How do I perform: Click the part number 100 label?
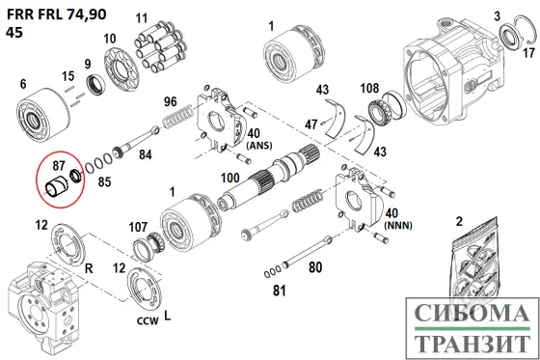tap(230, 178)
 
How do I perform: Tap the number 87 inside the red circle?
tap(59, 165)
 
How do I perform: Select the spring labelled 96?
tap(177, 117)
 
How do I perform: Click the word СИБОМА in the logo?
tap(472, 313)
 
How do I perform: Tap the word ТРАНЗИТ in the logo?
tap(472, 343)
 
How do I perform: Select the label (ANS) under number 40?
tap(259, 146)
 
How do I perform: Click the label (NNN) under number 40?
tap(397, 226)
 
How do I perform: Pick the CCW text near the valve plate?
tap(148, 321)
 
